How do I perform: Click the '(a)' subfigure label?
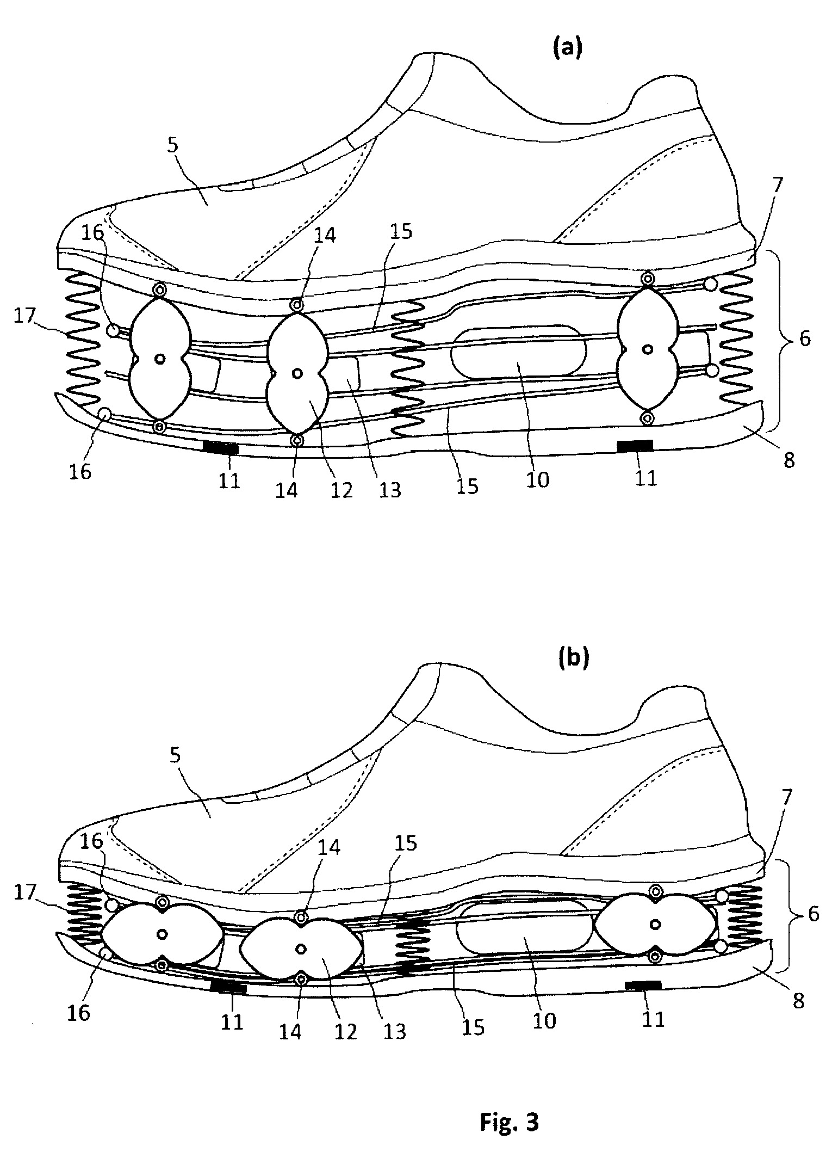pyautogui.click(x=567, y=48)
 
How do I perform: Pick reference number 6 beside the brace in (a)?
pyautogui.click(x=804, y=338)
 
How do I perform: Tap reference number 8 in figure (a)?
pyautogui.click(x=788, y=460)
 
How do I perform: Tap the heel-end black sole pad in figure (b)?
pyautogui.click(x=643, y=983)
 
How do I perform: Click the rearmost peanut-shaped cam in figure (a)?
pyautogui.click(x=648, y=348)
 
